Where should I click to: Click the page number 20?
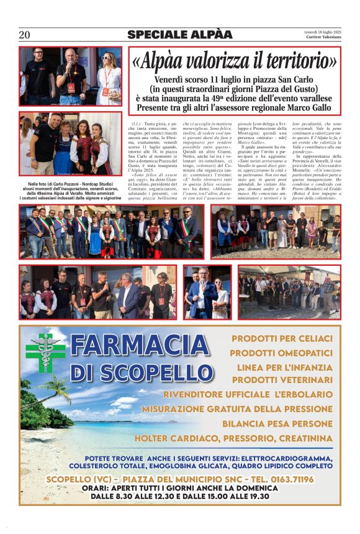pos(25,35)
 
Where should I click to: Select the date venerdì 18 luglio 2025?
pos(323,31)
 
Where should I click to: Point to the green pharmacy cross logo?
pos(45,352)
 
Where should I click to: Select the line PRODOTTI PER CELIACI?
pos(282,338)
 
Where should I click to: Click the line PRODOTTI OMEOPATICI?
pos(281,353)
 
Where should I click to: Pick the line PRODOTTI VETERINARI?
pos(282,379)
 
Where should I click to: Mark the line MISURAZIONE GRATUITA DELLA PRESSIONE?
pos(237,409)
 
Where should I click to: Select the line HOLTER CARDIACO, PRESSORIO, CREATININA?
pos(233,438)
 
